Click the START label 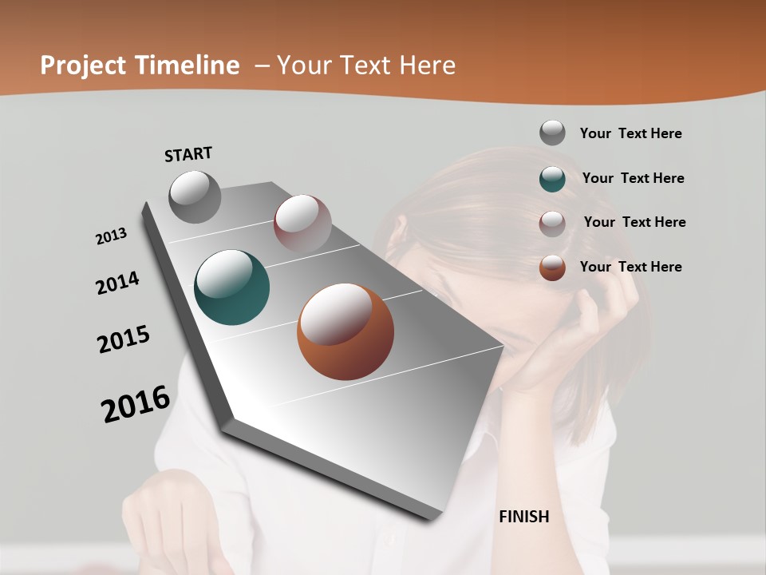pyautogui.click(x=188, y=154)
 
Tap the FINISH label pyautogui.click(x=524, y=517)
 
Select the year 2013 pyautogui.click(x=112, y=236)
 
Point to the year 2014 pyautogui.click(x=118, y=283)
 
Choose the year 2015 pyautogui.click(x=124, y=339)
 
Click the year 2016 pyautogui.click(x=136, y=403)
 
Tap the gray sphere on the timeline pyautogui.click(x=195, y=196)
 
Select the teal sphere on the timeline pyautogui.click(x=232, y=287)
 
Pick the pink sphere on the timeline pyautogui.click(x=302, y=223)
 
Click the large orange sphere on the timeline pyautogui.click(x=345, y=331)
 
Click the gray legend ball pyautogui.click(x=552, y=133)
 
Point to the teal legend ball pyautogui.click(x=552, y=178)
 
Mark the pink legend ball pyautogui.click(x=552, y=223)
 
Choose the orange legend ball pyautogui.click(x=552, y=268)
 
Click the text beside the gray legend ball pyautogui.click(x=630, y=133)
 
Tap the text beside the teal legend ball pyautogui.click(x=633, y=178)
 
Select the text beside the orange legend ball pyautogui.click(x=630, y=267)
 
